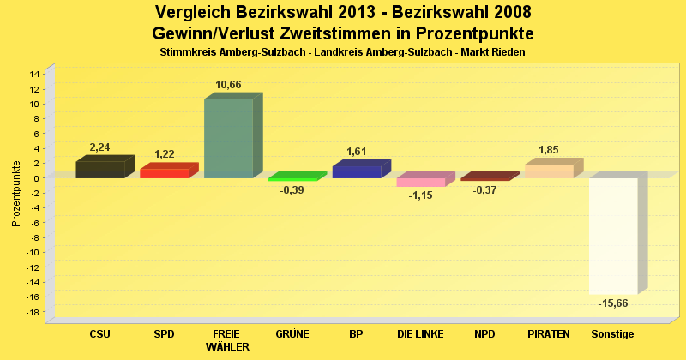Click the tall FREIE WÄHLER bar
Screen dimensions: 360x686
(228, 138)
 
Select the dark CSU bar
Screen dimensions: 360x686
(99, 170)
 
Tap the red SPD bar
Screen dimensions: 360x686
(164, 173)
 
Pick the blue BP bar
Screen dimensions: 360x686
(357, 171)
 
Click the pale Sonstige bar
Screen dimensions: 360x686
(613, 236)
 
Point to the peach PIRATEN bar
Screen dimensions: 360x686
(549, 171)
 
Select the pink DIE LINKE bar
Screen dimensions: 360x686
(420, 182)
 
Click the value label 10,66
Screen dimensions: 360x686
(228, 85)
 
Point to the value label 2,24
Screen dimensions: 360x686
(100, 147)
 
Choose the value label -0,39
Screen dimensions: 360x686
(292, 190)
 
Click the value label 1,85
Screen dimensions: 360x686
(549, 150)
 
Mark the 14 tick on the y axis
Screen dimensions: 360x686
(35, 74)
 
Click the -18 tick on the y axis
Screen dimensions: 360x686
(33, 312)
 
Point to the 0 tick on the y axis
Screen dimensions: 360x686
(38, 178)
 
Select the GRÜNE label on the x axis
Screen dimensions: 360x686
(292, 333)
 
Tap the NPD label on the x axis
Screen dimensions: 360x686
(484, 333)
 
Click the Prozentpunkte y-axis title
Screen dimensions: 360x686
(16, 193)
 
